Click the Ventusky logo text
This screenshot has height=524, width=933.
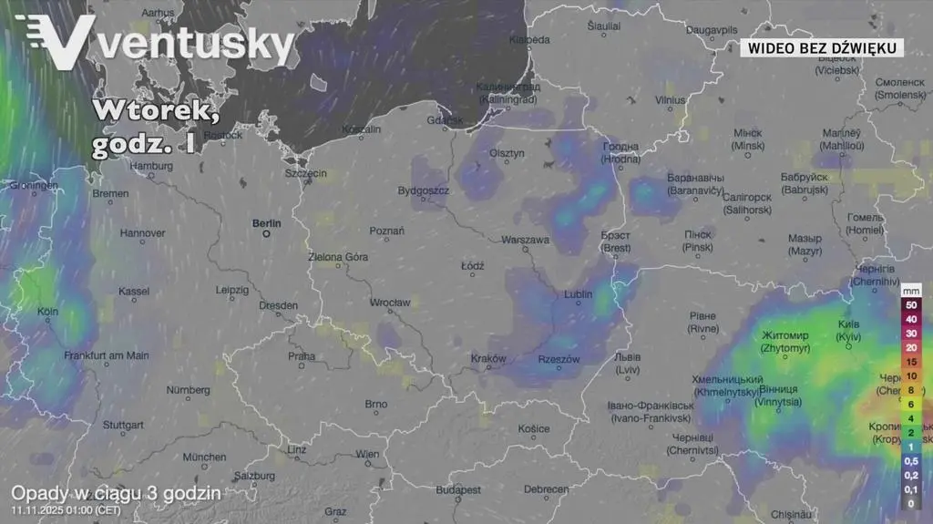196,43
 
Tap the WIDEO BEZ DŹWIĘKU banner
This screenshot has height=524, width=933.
821,47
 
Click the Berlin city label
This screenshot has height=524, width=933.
267,223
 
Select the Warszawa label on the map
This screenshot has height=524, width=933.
525,241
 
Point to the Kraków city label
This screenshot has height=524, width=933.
488,358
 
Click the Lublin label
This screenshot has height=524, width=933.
578,294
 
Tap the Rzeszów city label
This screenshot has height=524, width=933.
559,359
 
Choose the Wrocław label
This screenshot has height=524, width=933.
390,302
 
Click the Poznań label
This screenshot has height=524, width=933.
387,231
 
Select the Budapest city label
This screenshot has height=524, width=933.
457,489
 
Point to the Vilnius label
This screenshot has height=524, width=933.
670,100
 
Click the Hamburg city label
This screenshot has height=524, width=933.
151,166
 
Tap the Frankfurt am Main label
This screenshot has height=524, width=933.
107,355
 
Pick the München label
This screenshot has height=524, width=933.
204,457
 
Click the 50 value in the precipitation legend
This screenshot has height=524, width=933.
910,305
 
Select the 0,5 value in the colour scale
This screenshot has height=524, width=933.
910,461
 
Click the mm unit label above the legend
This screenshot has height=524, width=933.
911,290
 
